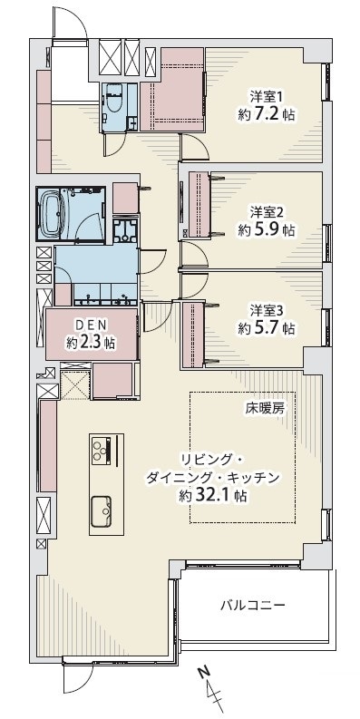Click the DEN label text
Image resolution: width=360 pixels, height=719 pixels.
[91, 325]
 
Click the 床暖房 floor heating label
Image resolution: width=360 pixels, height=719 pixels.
[262, 409]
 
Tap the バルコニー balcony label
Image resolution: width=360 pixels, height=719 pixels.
[253, 606]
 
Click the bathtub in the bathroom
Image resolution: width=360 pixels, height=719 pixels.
[54, 213]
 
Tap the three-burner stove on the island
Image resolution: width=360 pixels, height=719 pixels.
[102, 450]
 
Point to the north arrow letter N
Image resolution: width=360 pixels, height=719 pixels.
[204, 673]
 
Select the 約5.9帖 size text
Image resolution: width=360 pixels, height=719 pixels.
[266, 229]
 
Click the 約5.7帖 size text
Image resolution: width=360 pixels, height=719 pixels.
[266, 328]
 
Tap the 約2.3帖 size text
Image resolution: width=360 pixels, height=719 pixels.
[91, 343]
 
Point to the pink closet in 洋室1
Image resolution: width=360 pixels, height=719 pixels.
[172, 90]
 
